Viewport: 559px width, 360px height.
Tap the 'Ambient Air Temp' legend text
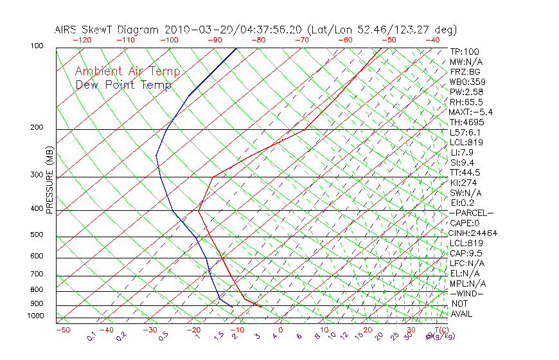click(127, 71)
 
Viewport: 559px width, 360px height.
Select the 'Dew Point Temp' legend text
click(123, 85)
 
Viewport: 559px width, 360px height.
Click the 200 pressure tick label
click(37, 128)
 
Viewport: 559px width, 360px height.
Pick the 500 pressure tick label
click(37, 235)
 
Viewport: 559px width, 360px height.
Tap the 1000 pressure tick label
click(35, 316)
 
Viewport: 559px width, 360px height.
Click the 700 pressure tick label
click(37, 275)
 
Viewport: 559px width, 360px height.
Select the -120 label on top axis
click(81, 40)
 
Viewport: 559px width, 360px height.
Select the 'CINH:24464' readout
click(473, 233)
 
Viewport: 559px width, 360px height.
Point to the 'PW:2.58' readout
click(464, 92)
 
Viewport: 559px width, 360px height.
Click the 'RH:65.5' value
click(464, 102)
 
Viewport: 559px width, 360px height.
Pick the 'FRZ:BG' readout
click(464, 72)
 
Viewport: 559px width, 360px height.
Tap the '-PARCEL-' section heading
click(471, 213)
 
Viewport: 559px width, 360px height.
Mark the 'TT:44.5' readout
click(464, 172)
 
